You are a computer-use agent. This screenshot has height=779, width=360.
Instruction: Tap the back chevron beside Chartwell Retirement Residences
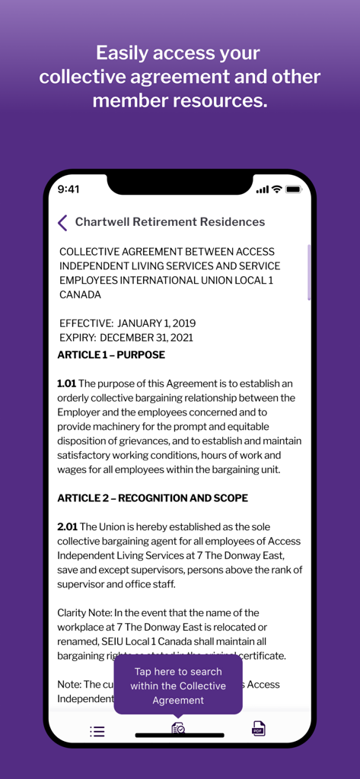pos(62,222)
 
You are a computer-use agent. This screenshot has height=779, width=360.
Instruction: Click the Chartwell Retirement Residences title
pos(170,222)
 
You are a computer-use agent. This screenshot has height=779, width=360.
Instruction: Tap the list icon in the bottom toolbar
pos(97,732)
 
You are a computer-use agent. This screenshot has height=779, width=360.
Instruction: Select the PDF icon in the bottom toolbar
pos(259,729)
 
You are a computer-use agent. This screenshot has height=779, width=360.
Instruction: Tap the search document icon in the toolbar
pos(178,728)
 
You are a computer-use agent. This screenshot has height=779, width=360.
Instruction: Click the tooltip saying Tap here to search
pos(178,685)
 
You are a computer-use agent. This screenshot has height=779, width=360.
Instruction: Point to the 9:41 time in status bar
pos(68,189)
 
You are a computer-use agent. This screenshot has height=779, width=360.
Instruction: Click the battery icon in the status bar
pos(294,189)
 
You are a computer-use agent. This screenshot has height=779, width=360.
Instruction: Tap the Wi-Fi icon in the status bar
pos(276,189)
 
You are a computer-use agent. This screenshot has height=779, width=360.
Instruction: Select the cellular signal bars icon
pos(262,189)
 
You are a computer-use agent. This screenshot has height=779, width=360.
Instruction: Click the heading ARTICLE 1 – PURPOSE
pos(111,355)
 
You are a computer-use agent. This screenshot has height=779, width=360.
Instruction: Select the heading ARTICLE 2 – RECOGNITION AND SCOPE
pos(152,498)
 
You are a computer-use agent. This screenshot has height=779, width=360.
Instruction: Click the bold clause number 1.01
pos(67,383)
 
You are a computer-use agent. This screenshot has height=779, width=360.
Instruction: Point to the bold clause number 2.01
pos(67,527)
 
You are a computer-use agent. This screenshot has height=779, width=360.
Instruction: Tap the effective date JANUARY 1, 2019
pos(156,323)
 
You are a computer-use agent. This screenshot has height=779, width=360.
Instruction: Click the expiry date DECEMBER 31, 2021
pos(146,337)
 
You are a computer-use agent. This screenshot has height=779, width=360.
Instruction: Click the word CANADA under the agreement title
pos(80,294)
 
